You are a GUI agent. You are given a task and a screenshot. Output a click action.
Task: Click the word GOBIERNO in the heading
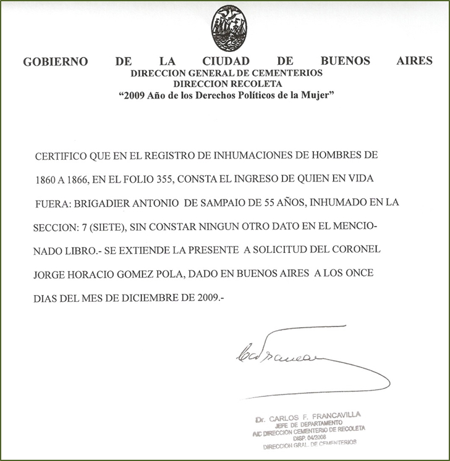coord(55,62)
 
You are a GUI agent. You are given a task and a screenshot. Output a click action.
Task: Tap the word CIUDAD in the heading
coord(226,62)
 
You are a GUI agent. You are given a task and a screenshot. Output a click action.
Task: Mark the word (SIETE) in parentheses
coord(106,227)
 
